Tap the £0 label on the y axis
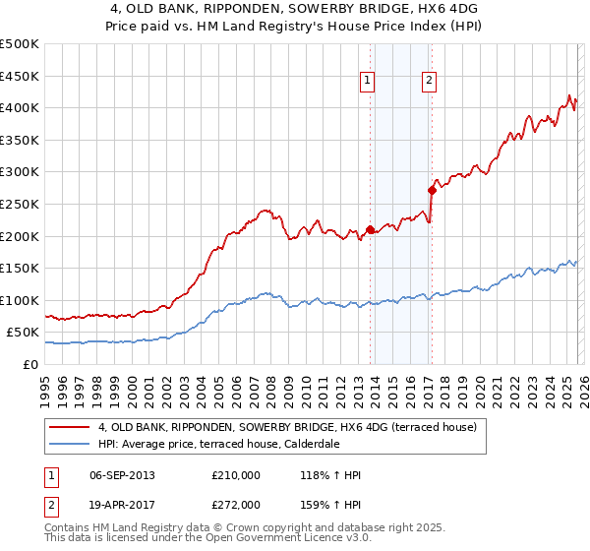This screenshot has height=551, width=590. (x=30, y=364)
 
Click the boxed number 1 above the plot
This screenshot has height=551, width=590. (x=367, y=82)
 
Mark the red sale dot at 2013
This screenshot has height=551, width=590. (x=371, y=230)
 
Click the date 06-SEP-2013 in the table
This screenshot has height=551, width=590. (x=121, y=475)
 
